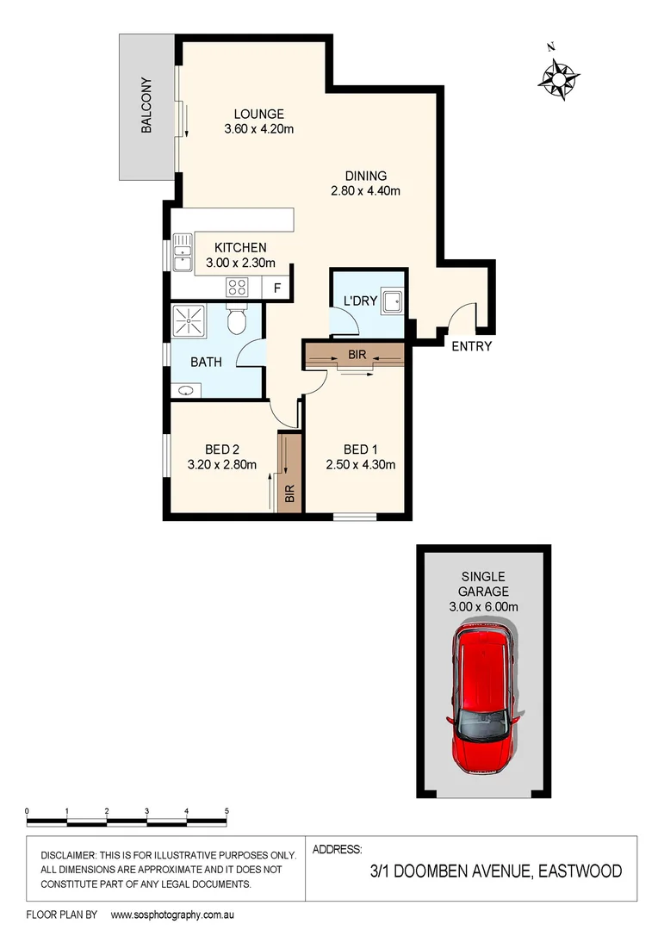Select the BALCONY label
[x=146, y=106]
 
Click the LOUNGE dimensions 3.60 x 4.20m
[x=259, y=130]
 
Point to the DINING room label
[x=366, y=176]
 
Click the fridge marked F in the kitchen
[x=276, y=288]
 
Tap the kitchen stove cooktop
[x=238, y=288]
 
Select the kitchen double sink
[x=182, y=253]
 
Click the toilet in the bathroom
[x=237, y=319]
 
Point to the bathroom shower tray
[x=189, y=320]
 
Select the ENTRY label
[x=471, y=346]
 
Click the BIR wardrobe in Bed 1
[x=354, y=355]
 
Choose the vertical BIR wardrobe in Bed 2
[x=289, y=474]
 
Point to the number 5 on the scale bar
[x=227, y=811]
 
